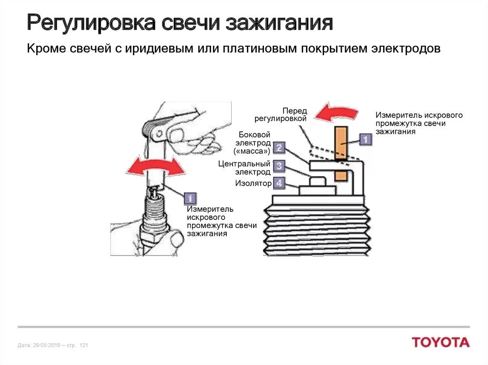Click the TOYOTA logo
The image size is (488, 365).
point(440,342)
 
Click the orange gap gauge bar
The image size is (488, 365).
point(340,152)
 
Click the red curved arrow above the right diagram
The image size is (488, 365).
point(337,113)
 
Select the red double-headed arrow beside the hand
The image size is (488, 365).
point(154,167)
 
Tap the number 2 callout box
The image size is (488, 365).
point(279,148)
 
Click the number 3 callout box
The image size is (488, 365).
point(279,166)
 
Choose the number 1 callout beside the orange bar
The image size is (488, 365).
point(365,139)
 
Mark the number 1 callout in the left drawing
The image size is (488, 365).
point(190,198)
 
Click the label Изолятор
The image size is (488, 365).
point(253,183)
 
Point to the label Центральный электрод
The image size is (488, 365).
point(244,168)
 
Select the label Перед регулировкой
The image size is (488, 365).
point(280,115)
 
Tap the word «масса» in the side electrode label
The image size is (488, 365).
point(252,151)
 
